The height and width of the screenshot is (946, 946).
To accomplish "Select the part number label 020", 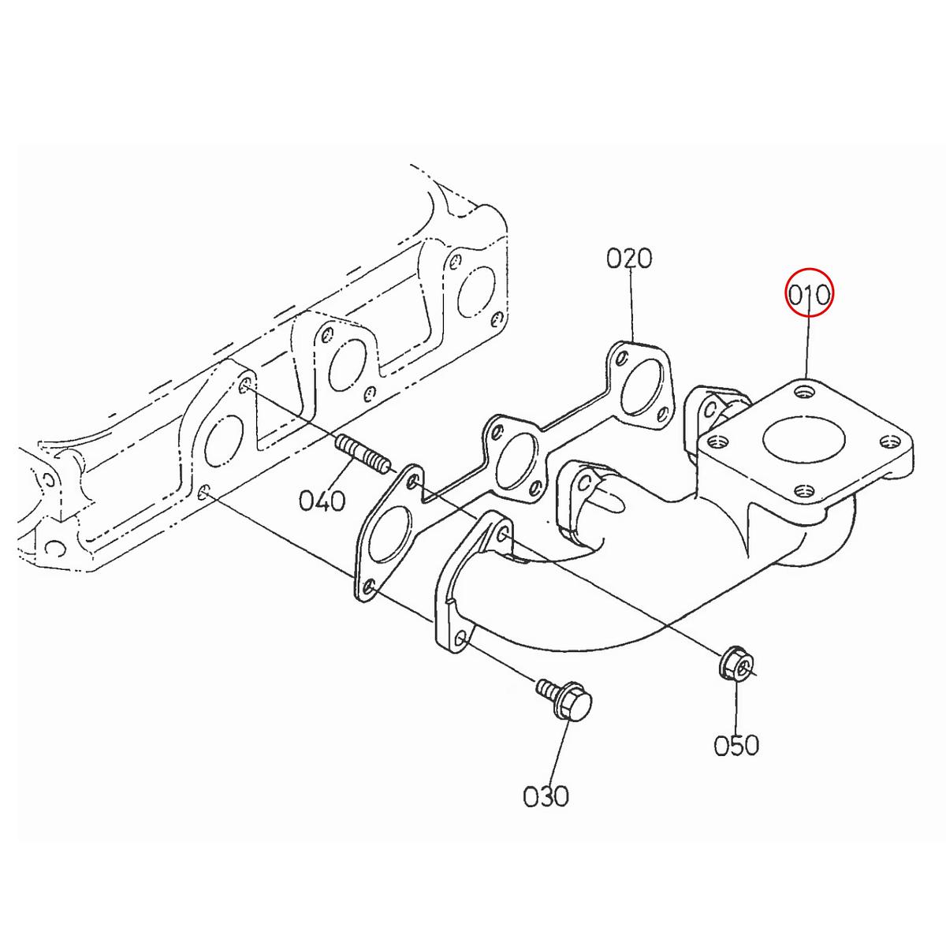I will click(629, 258).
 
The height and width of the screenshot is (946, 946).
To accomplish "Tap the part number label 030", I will click(546, 795).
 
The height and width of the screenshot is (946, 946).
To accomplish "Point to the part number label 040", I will click(322, 500).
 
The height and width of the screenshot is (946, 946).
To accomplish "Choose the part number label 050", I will click(736, 745).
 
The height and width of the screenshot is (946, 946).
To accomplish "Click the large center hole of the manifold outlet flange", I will click(803, 440).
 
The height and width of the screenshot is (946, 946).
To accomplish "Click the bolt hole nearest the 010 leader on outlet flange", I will click(803, 389).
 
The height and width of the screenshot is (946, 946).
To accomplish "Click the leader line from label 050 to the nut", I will click(736, 706).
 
